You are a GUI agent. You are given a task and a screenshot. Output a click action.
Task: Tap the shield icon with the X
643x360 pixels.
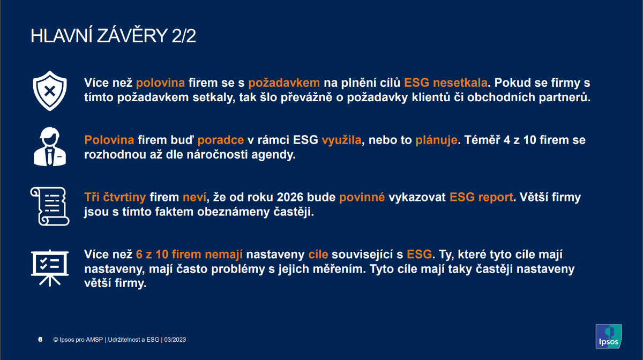pos(50,91)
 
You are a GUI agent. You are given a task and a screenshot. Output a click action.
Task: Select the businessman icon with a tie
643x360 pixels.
pos(50,146)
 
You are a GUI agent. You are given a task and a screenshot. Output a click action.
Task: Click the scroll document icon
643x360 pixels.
pos(50,206)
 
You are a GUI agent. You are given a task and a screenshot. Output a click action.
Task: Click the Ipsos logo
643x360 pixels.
pos(609,336)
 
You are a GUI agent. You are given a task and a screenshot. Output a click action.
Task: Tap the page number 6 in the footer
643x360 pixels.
pos(40,340)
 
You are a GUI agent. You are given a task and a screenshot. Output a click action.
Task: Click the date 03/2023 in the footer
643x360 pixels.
pos(175,340)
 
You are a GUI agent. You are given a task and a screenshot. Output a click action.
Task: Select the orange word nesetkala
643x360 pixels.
pos(460,82)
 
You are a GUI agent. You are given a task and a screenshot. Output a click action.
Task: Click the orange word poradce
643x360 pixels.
pos(220,140)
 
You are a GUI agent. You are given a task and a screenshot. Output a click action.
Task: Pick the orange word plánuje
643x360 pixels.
pos(436,140)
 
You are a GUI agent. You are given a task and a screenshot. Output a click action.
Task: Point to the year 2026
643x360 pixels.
pos(290,197)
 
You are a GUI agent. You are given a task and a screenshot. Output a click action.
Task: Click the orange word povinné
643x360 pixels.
pos(362,197)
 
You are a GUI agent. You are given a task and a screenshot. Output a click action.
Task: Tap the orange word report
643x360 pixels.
pos(496,198)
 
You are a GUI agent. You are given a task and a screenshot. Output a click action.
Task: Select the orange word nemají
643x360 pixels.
pos(224,254)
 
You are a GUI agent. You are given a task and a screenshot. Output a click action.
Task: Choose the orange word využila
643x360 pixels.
pos(342,140)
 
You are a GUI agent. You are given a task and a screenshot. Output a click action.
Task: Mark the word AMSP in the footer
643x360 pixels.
pos(95,340)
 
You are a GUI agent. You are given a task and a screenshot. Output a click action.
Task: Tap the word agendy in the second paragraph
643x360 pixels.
pos(273,155)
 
